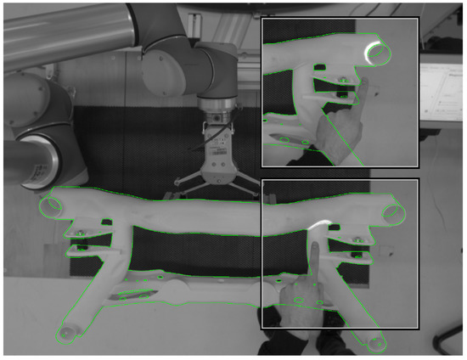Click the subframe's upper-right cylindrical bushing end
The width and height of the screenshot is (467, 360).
pos(391,212)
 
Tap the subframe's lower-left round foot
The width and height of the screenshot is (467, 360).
pos(65,332)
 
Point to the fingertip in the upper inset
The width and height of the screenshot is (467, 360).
pos(358,85)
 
